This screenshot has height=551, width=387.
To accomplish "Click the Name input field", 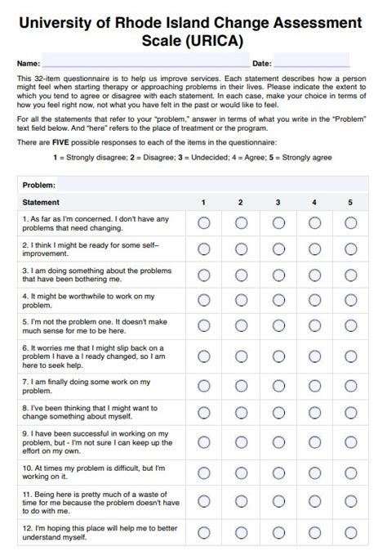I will click(x=145, y=63).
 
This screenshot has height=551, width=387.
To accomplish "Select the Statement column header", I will click(x=41, y=202).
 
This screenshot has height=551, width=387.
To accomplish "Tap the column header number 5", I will click(x=350, y=202).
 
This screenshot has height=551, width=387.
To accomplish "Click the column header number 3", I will click(x=278, y=202).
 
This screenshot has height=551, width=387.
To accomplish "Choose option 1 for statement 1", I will click(x=204, y=222).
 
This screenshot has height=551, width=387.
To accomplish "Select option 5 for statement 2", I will click(x=350, y=249).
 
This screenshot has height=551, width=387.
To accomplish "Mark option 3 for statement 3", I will click(x=278, y=275).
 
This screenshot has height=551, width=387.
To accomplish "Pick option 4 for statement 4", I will click(x=314, y=300).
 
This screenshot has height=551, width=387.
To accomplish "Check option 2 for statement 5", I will click(x=242, y=326).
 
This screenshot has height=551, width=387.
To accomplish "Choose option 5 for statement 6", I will click(x=350, y=356).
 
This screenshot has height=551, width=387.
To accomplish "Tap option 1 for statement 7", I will click(x=204, y=386).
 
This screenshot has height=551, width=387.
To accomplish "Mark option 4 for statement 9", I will click(x=314, y=441).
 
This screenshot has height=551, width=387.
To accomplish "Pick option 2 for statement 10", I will click(x=242, y=472).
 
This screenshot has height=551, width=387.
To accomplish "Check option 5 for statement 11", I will click(x=350, y=502).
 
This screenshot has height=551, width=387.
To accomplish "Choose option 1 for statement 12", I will click(x=204, y=532).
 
